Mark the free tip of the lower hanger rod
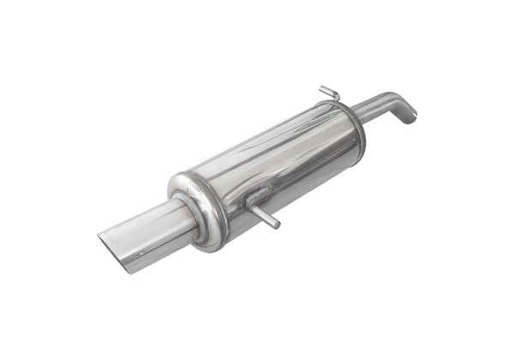click(x=277, y=225)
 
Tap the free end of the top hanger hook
click(x=322, y=87)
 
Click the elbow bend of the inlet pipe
click(x=403, y=100)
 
